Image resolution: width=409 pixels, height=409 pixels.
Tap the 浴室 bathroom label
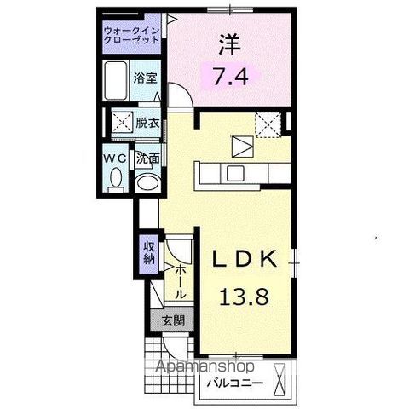144,78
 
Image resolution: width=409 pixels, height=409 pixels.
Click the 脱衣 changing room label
147,124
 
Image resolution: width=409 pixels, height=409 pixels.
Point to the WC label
115,158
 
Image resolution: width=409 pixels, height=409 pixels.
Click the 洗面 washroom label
150,158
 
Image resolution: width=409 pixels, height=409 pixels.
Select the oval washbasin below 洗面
147,181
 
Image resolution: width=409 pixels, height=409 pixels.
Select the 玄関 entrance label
170,323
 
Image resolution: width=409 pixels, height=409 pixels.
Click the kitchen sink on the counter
233,175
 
